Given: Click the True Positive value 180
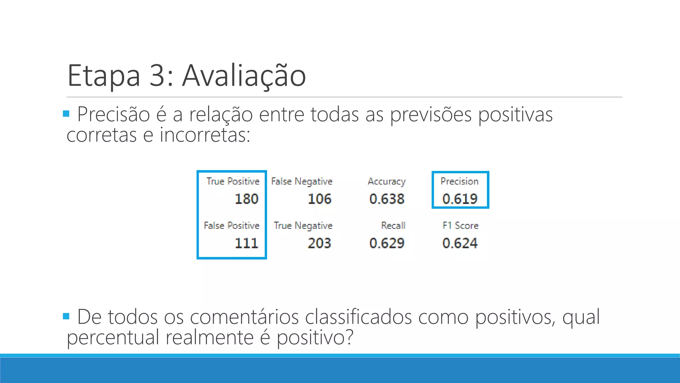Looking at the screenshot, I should (x=246, y=199).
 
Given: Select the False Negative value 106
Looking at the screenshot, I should (x=319, y=199).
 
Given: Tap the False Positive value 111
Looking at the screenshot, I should (x=246, y=243).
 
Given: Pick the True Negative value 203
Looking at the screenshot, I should (x=319, y=243).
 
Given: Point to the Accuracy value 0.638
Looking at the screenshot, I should (x=387, y=199).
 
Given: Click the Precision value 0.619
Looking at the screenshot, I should (x=460, y=199).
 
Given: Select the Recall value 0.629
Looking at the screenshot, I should (x=387, y=243).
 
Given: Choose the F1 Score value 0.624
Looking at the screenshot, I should (x=460, y=243).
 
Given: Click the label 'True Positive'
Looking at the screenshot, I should (x=233, y=181).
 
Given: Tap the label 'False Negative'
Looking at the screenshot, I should (x=301, y=182).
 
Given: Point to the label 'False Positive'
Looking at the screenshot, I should (x=231, y=225).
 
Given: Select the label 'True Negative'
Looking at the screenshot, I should (x=303, y=226).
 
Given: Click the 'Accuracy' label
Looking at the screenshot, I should (x=387, y=182).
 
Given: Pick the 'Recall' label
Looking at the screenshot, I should (x=393, y=225).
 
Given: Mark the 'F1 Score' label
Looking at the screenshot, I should (x=460, y=225).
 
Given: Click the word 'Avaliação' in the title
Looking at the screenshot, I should (x=244, y=76).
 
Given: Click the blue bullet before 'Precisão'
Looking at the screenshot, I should (x=66, y=114).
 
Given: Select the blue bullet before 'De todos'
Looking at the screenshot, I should (x=66, y=316).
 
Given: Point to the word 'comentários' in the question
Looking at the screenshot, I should (x=244, y=317).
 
